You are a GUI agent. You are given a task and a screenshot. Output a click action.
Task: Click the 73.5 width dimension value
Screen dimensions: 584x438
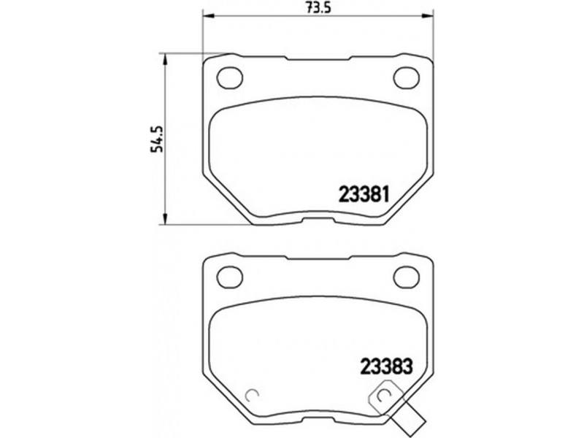pos(318,7)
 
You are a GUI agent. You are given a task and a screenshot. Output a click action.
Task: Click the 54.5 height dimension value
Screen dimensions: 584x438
pos(157,139)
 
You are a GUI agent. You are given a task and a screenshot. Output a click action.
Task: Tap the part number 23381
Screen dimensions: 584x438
pos(364,194)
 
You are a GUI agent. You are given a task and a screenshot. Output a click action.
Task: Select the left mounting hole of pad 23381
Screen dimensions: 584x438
pos(229,78)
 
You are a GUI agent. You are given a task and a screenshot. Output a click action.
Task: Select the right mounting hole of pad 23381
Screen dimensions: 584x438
pos(407,78)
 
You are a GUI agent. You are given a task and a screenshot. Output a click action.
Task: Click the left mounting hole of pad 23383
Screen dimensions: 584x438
pos(229,277)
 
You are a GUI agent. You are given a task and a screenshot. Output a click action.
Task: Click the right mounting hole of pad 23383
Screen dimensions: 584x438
pos(407,277)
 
